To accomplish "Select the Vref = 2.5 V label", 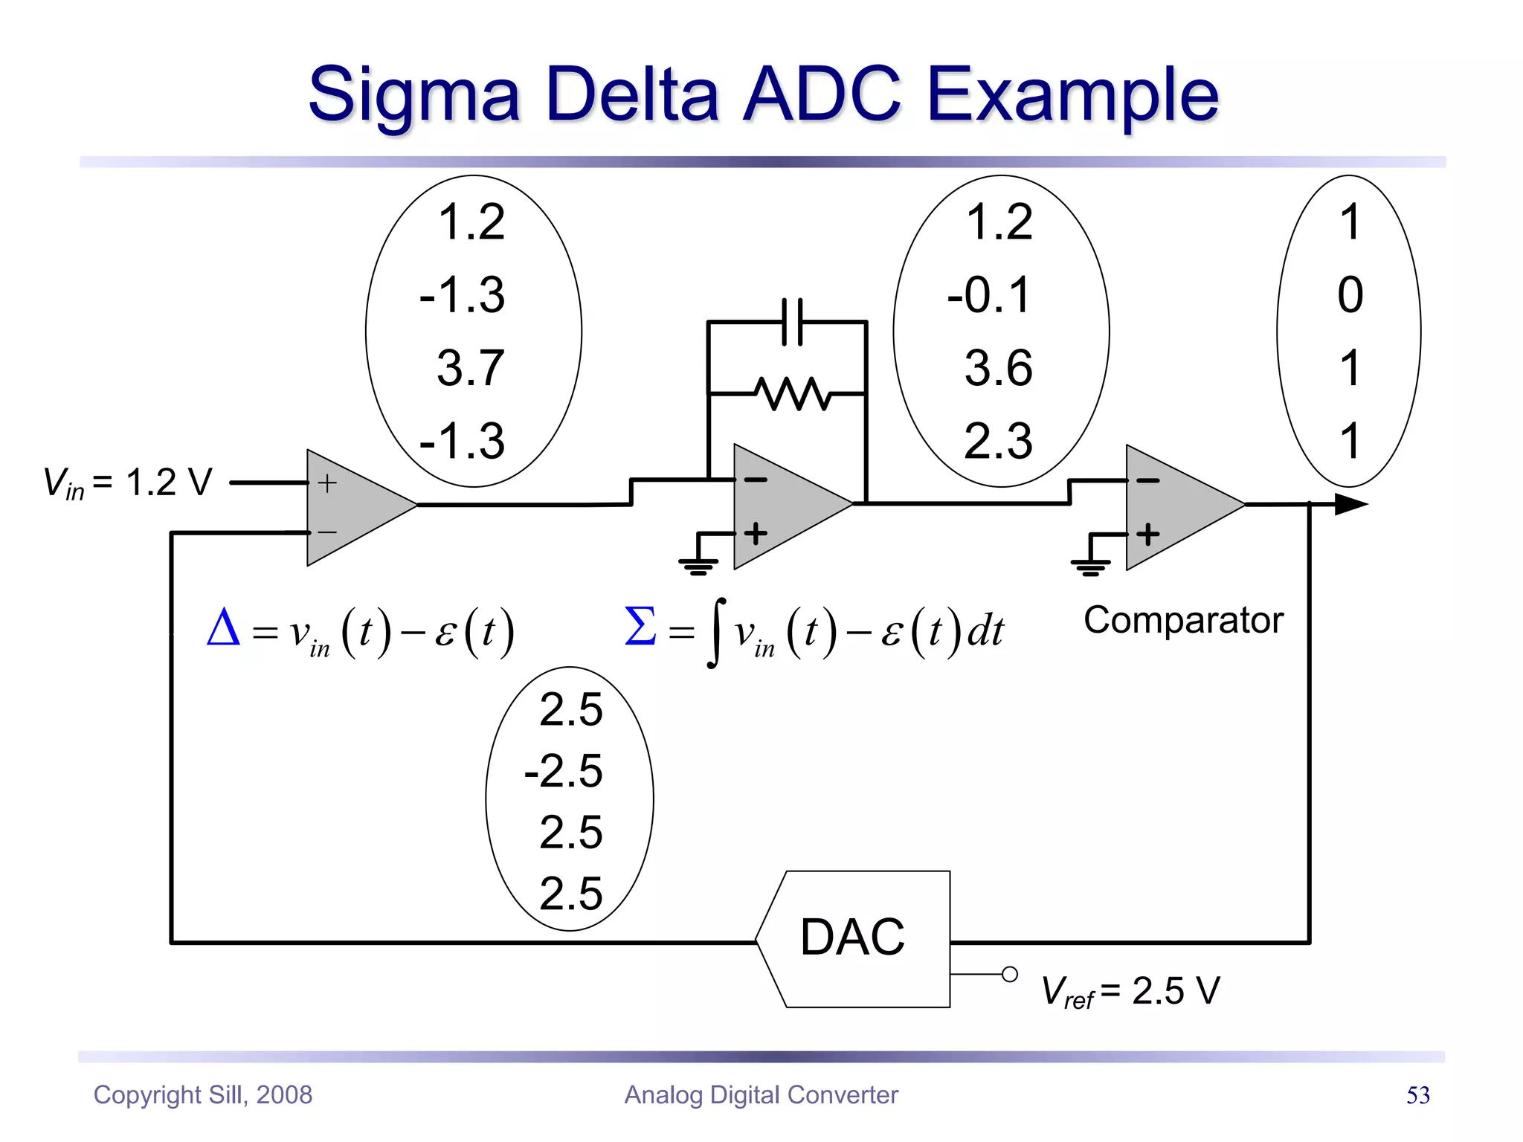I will click(x=1130, y=991).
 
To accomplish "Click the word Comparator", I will click(x=1183, y=620).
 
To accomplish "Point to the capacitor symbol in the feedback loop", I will click(x=793, y=322).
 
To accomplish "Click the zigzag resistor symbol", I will click(x=793, y=393).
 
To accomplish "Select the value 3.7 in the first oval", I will click(x=471, y=368).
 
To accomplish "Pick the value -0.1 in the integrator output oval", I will click(x=990, y=295).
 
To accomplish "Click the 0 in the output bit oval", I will click(x=1350, y=295).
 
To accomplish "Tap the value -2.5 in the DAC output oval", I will click(x=564, y=771).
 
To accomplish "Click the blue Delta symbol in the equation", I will click(x=223, y=628).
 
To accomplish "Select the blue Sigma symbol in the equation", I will click(x=640, y=626).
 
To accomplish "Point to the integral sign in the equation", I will click(x=715, y=633).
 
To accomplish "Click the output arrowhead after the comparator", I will click(x=1350, y=505).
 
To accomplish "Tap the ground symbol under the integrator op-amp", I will click(x=698, y=566).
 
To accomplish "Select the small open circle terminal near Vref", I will click(x=1009, y=974).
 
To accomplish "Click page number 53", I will click(x=1417, y=1095).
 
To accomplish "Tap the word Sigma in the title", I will click(x=413, y=95).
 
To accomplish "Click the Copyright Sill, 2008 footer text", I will click(x=202, y=1095).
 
